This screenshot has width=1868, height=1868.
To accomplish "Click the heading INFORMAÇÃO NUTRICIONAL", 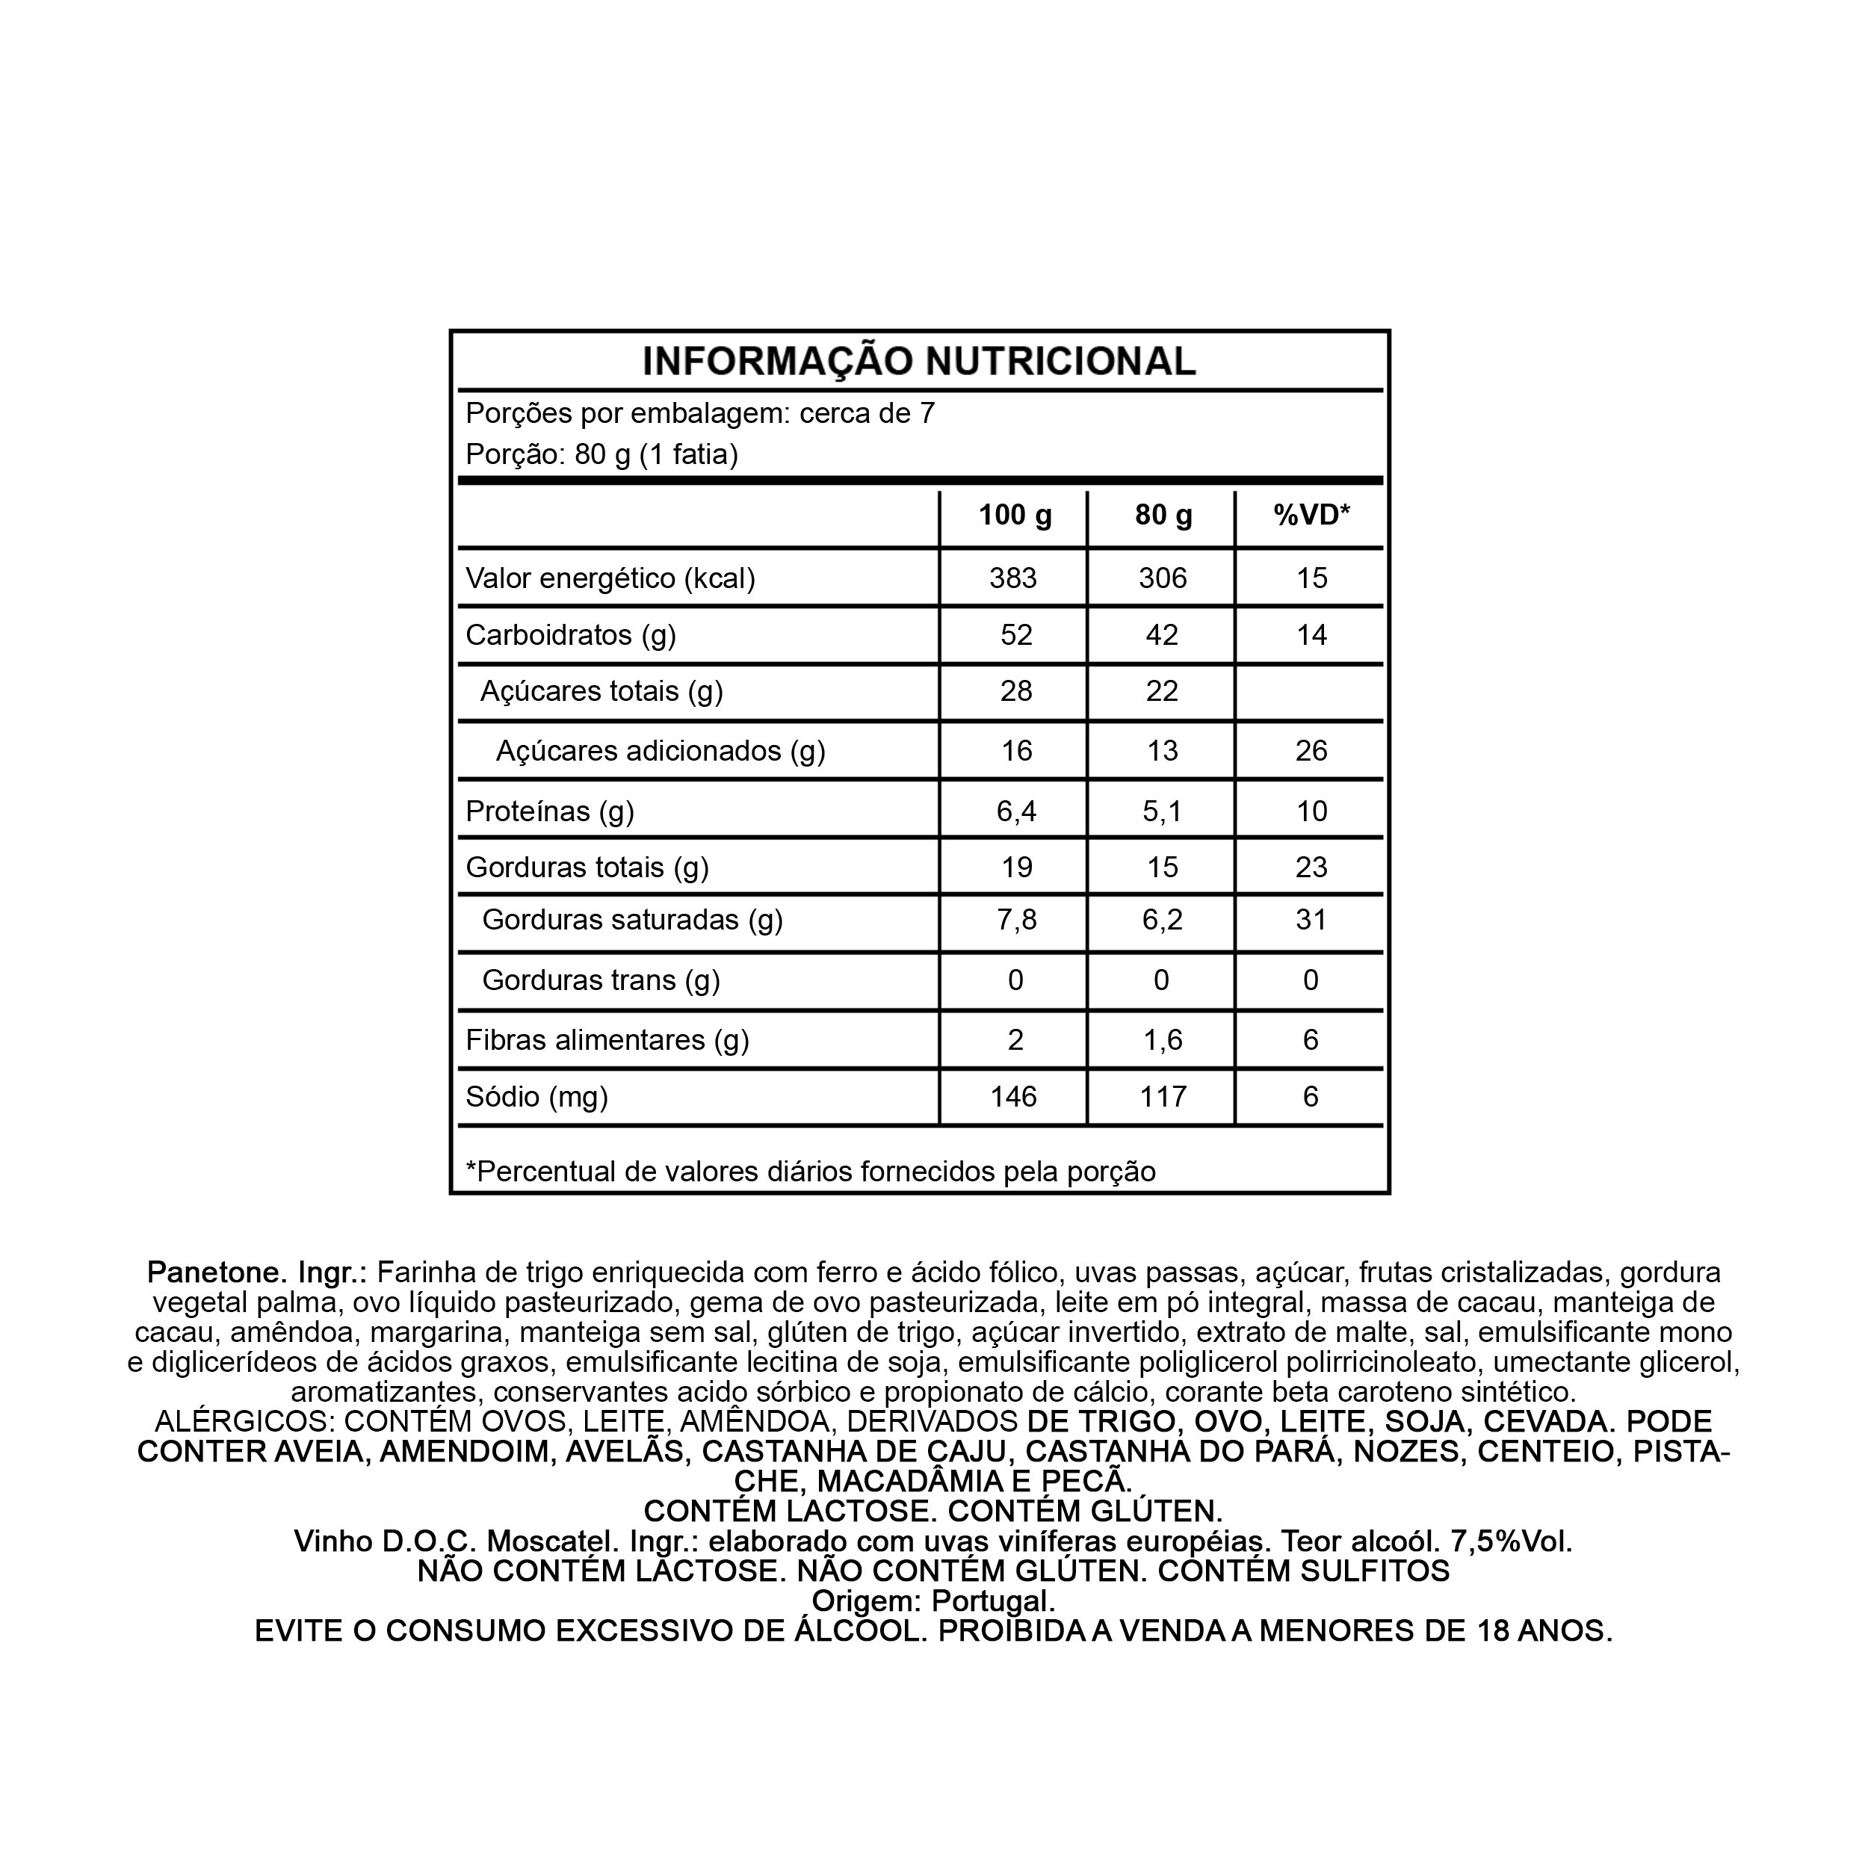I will point(918,362).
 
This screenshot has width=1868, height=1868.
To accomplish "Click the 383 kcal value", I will point(1013,578).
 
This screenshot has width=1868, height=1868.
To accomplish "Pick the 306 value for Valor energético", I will point(1162,578).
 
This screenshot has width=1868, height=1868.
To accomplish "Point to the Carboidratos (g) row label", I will point(570,635).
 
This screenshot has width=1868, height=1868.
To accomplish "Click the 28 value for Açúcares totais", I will point(1015,691).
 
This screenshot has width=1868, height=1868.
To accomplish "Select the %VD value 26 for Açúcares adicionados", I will point(1311,751).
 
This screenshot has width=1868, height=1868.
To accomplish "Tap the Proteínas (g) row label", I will point(549,811).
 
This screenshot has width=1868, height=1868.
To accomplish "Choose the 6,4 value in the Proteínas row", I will point(1016,811).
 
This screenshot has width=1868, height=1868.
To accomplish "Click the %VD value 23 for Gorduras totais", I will point(1311,867).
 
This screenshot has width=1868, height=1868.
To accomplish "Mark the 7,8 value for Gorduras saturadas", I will point(1016,920).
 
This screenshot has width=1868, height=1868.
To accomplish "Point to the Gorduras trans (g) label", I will point(601,980).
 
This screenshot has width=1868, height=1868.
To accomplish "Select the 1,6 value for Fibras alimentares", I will point(1162,1040).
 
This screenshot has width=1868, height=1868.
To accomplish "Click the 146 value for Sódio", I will point(1013,1096).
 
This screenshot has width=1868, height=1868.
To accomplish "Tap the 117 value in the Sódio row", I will point(1162,1096).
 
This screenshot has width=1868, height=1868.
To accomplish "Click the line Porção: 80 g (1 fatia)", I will point(601,454).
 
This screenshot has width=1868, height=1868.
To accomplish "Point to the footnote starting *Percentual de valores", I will point(810,1172).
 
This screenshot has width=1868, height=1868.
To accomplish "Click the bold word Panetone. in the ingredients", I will point(217,1272).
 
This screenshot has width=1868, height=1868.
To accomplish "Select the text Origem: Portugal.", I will point(933,1601).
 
